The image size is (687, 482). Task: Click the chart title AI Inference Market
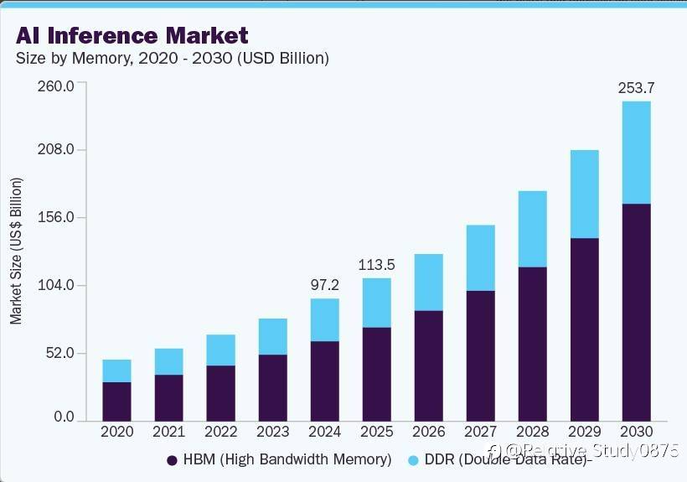click(x=132, y=36)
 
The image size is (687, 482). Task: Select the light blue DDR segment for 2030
click(x=636, y=152)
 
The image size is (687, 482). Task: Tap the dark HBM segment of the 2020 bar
click(x=116, y=401)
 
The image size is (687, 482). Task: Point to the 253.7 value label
click(x=636, y=87)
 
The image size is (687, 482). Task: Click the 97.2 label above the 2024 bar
click(x=324, y=286)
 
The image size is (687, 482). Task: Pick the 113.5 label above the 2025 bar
click(x=376, y=265)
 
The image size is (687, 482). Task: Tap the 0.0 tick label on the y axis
click(x=64, y=417)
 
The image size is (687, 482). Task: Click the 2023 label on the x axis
click(x=272, y=433)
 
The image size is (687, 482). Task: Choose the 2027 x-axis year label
click(x=480, y=433)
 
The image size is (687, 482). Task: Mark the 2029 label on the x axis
click(x=584, y=433)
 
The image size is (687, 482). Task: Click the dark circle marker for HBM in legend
click(x=172, y=460)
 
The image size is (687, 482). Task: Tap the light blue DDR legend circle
click(x=413, y=460)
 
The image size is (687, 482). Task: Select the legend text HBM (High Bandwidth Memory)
click(x=287, y=459)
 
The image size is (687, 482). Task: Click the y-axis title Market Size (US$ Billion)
click(x=16, y=251)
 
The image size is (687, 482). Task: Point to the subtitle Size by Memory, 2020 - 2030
click(x=172, y=59)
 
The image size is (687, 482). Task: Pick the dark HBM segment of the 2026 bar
click(x=428, y=365)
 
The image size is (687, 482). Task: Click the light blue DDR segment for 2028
click(x=532, y=229)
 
